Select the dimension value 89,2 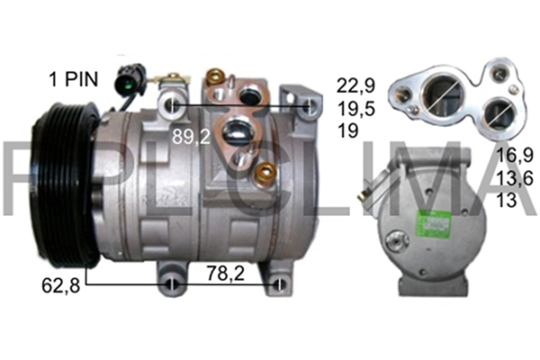click(x=193, y=137)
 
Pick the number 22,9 click(x=354, y=85)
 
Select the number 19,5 click(x=354, y=108)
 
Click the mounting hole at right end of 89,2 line click(x=310, y=107)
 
